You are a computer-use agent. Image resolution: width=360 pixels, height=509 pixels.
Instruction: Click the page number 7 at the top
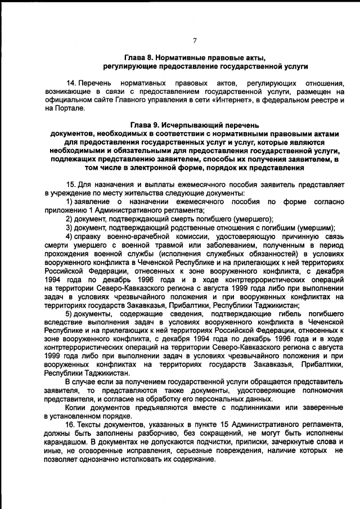coord(195,40)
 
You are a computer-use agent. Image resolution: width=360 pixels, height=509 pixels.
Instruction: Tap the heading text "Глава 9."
coord(145,124)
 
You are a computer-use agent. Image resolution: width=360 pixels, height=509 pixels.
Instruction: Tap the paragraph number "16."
coord(71,422)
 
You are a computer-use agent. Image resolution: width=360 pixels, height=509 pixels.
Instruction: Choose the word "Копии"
coord(76,406)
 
